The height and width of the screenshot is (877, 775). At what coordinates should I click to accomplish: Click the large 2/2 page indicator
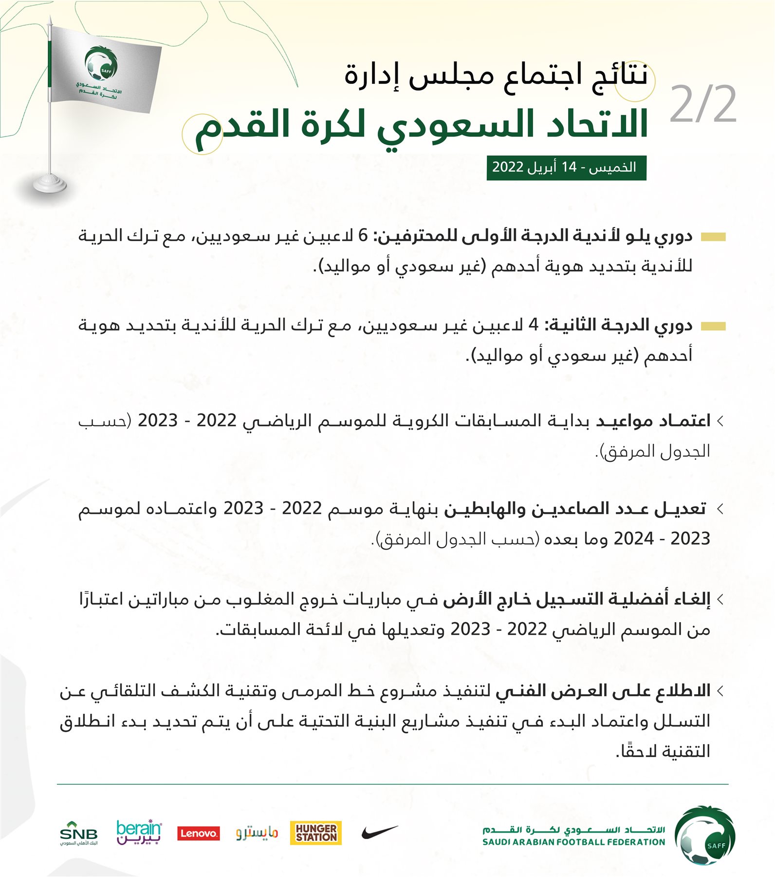click(703, 105)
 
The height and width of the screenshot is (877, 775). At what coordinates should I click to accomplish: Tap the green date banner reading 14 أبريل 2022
click(566, 168)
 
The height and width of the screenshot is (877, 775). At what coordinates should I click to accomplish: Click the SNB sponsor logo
click(78, 834)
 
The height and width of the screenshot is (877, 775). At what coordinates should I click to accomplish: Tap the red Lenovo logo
click(198, 834)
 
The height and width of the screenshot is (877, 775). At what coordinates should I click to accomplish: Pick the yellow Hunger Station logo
click(315, 833)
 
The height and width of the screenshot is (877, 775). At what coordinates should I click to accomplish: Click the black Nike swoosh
click(379, 832)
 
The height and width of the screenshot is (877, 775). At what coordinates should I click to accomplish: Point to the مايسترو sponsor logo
click(257, 833)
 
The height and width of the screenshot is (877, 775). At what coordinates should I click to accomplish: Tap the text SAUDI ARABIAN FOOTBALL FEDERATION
click(573, 842)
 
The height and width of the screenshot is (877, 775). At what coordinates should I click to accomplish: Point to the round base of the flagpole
click(49, 184)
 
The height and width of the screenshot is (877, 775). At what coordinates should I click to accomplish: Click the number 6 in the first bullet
click(363, 236)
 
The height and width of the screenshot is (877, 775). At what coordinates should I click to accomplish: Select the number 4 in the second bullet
click(534, 325)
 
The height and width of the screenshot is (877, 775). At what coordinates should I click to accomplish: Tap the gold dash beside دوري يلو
click(713, 237)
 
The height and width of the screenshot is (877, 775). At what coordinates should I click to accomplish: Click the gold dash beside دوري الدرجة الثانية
click(713, 326)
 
